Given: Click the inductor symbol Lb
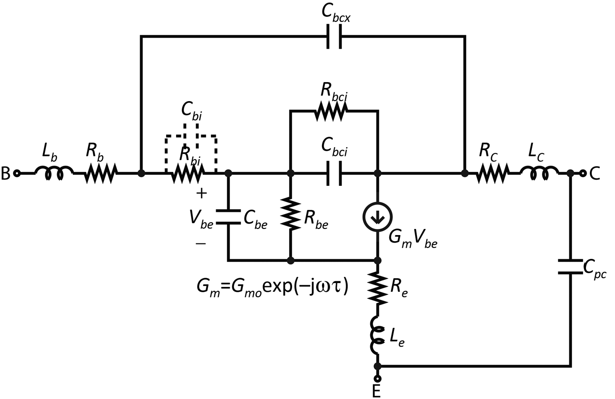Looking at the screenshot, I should tap(54, 173).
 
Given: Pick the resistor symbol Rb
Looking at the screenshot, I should tap(100, 173).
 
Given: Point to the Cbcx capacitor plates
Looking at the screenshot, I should tap(334, 37).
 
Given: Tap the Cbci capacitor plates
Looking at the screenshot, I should tap(334, 174).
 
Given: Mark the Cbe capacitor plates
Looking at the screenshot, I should tap(228, 217).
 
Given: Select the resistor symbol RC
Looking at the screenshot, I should tap(492, 174).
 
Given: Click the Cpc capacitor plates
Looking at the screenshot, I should tap(570, 267).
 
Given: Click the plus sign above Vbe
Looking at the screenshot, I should tap(202, 192).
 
